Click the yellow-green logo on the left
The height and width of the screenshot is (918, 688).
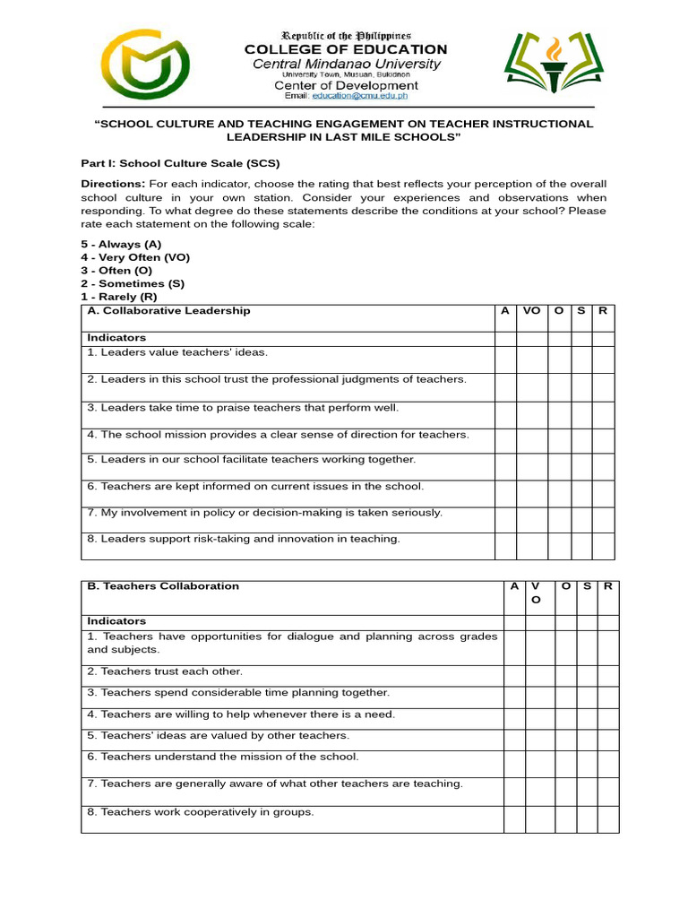144,65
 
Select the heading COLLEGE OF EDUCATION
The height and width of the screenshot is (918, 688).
346,49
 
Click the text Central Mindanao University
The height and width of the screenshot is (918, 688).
346,64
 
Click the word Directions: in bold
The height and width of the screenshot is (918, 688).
113,184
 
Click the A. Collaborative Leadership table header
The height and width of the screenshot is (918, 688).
168,311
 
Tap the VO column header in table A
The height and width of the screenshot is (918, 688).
532,311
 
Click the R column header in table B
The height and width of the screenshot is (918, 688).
607,586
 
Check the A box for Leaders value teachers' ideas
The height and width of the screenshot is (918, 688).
505,359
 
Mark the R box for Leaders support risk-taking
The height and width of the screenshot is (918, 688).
603,546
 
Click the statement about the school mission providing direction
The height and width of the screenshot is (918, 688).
278,435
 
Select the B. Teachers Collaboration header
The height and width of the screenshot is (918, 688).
163,586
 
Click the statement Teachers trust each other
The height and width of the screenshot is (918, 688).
165,671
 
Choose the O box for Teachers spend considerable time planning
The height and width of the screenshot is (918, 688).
565,698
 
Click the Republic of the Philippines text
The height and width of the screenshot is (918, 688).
346,33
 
